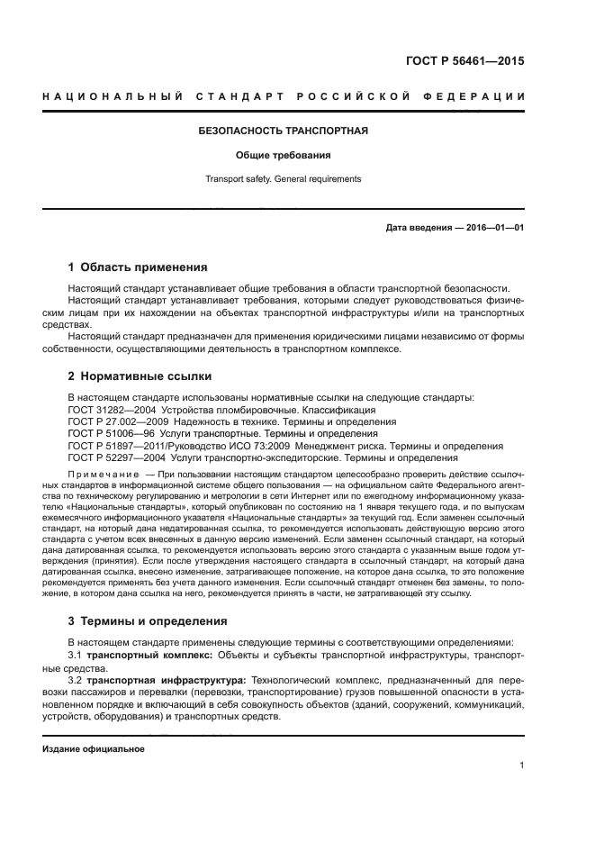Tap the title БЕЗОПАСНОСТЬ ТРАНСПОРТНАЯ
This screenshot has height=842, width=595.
284,131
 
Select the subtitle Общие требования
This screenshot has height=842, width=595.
284,155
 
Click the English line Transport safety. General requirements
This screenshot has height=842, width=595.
284,179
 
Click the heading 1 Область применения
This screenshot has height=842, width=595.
139,267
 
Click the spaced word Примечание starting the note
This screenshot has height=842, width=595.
104,474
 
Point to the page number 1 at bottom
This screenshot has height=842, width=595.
521,765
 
